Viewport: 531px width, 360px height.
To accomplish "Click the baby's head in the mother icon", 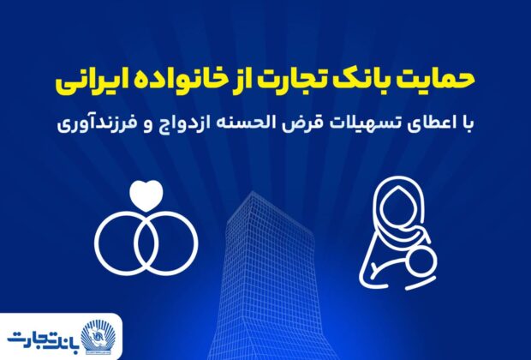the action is click(423, 261).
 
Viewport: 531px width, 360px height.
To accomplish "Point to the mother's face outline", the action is click(396, 210).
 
